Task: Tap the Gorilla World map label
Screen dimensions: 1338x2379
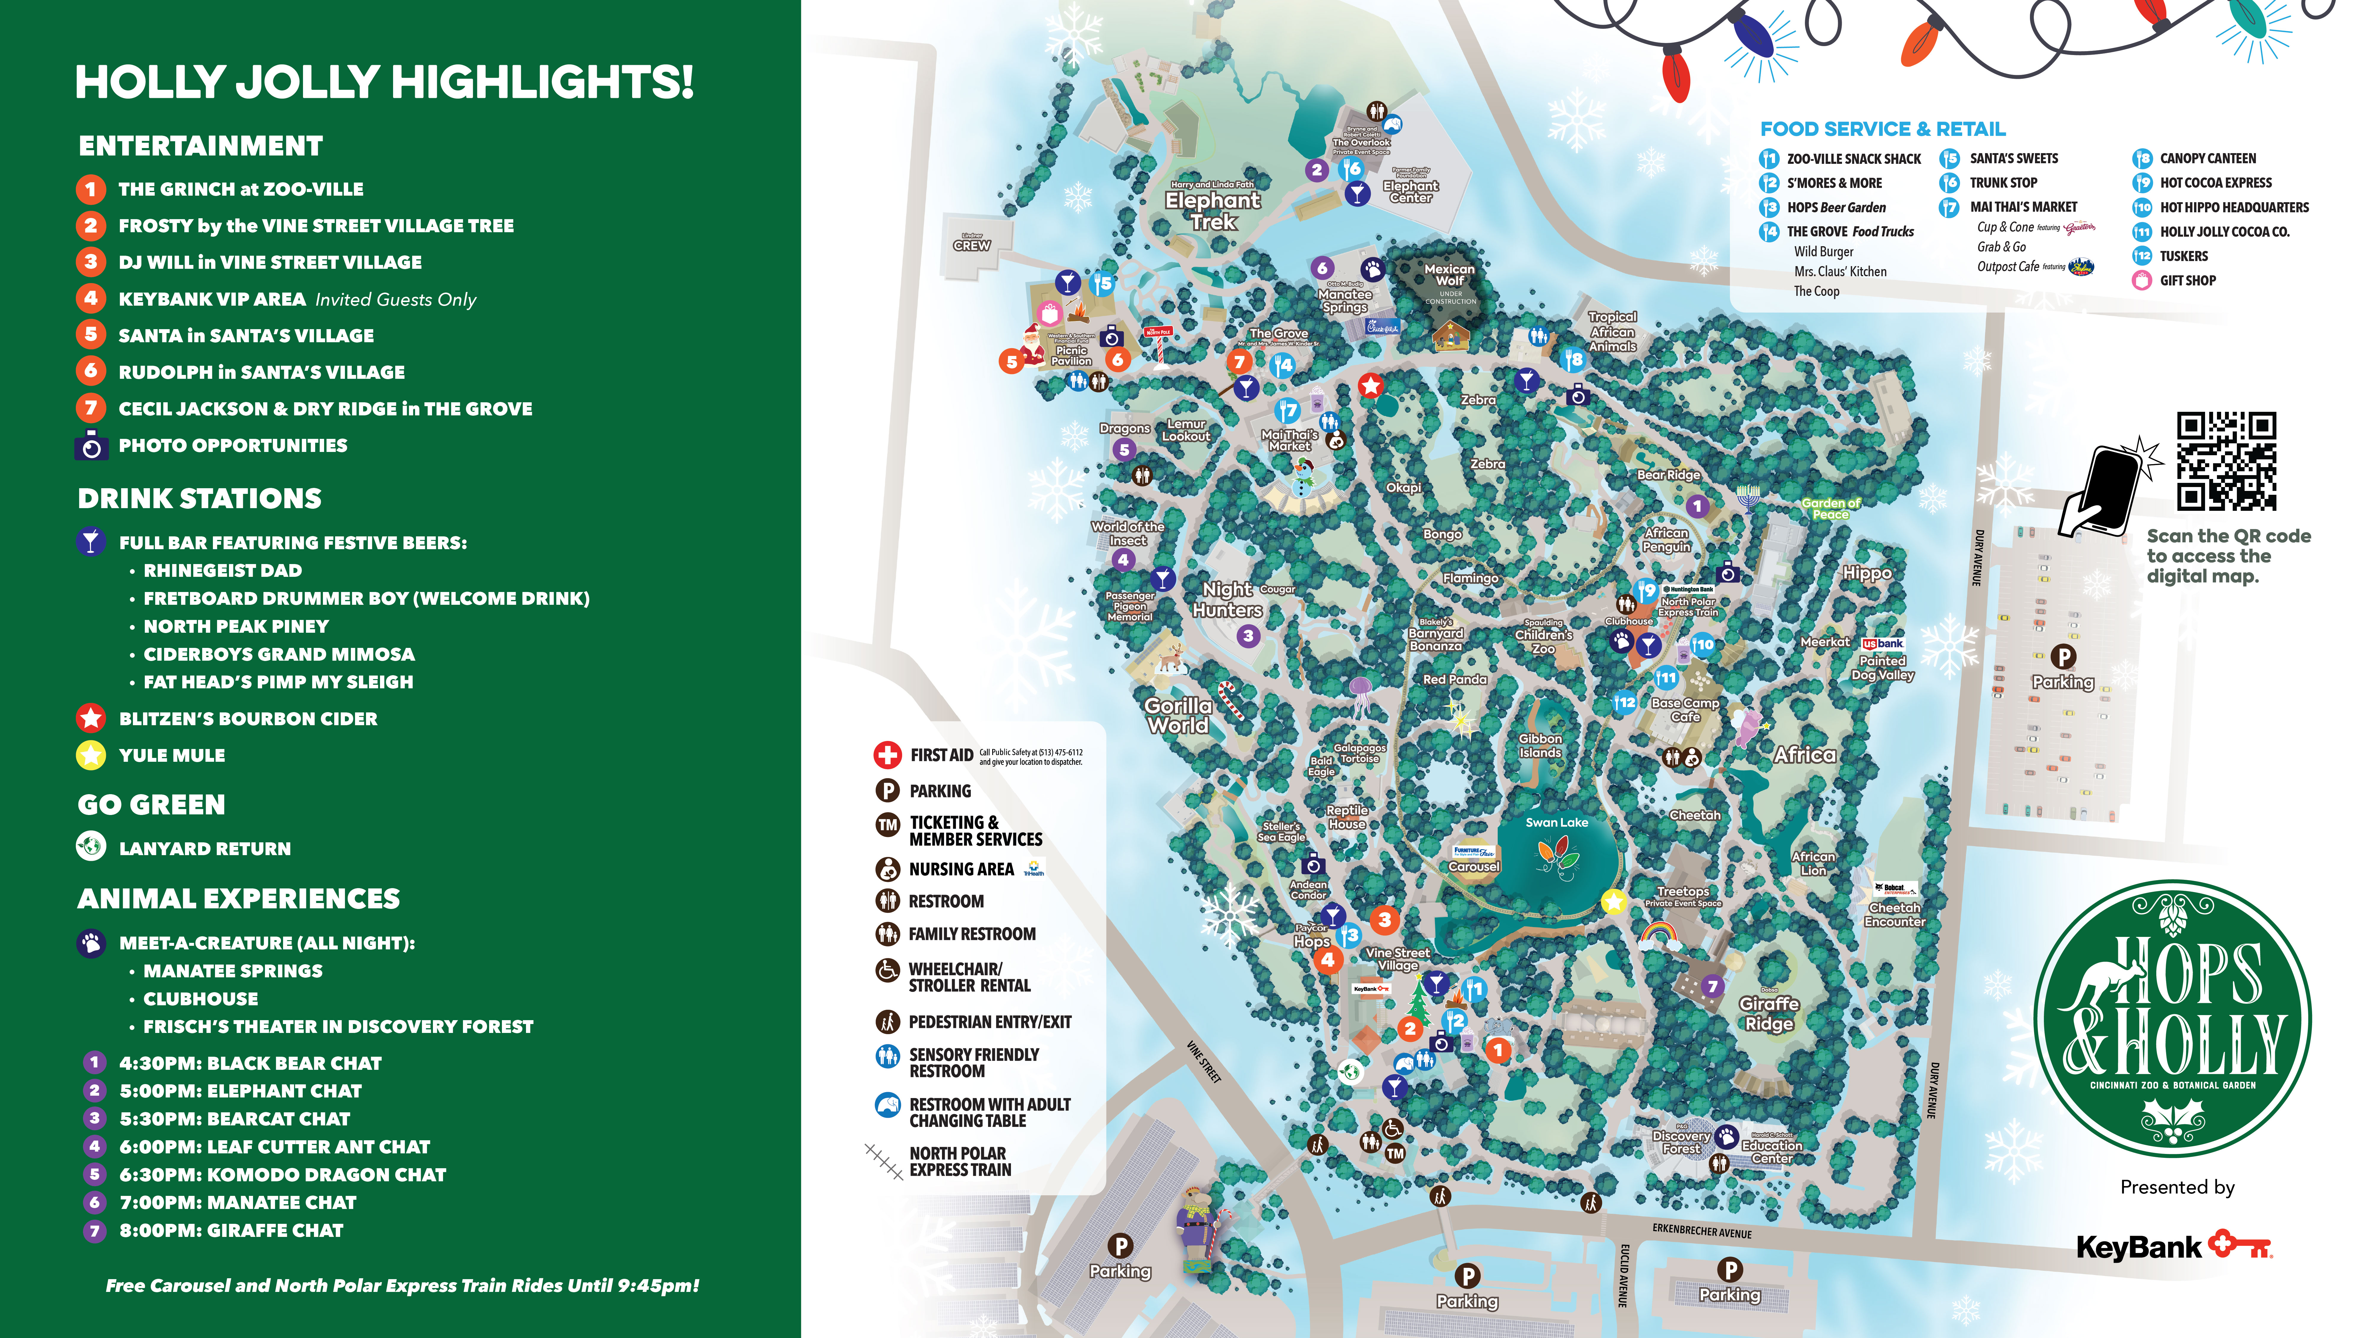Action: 1177,716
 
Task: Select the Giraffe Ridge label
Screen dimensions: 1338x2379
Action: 1769,1013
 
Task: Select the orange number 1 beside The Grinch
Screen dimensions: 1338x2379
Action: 90,189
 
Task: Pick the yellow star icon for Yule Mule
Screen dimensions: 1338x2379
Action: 90,755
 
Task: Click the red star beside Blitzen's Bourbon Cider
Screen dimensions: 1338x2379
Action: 90,718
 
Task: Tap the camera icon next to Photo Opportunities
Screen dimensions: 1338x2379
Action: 90,445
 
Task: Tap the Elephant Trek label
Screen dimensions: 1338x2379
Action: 1213,211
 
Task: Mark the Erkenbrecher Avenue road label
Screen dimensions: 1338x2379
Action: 1701,1232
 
